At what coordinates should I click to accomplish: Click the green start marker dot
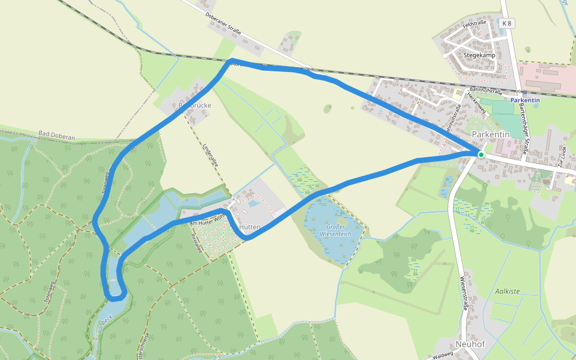point(481,155)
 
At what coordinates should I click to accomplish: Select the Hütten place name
point(249,227)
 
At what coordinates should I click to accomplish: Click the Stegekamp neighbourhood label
point(479,55)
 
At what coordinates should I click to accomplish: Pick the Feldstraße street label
point(475,23)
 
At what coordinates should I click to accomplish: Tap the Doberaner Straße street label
point(223,23)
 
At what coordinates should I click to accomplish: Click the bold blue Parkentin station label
point(525,100)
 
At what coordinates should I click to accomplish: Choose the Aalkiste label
point(508,292)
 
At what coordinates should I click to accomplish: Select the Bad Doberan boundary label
point(56,136)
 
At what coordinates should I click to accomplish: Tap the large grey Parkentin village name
point(490,134)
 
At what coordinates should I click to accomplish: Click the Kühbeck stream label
point(103,325)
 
